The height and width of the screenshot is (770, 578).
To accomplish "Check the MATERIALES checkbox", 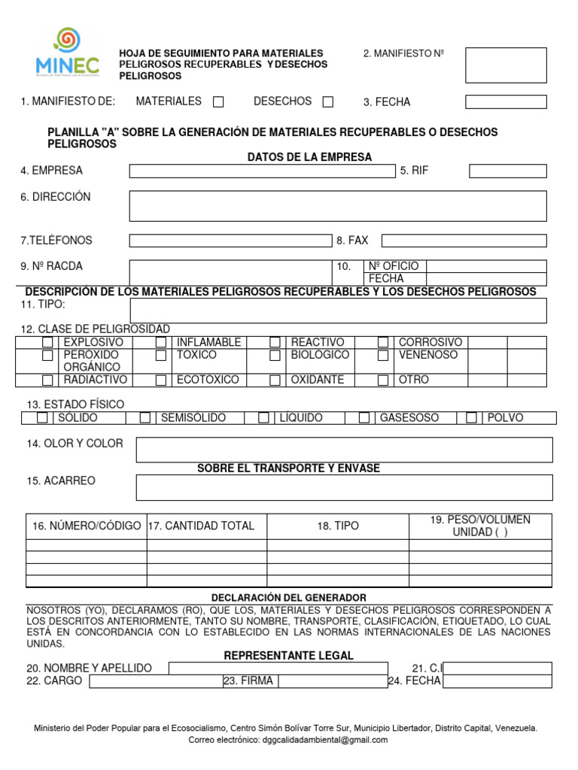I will pos(218,102).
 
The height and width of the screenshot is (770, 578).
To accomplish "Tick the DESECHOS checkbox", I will pos(327,102).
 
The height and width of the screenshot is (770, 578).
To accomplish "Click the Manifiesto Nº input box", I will pos(506,65).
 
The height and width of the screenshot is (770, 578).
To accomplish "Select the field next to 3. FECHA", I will pos(506,102).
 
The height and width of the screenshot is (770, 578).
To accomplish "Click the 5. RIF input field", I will pos(507,171).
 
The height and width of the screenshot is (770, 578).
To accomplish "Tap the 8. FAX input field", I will pos(464,241).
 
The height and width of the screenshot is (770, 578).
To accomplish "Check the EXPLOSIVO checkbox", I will pos(48,343).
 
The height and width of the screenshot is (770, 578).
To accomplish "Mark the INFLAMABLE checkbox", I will pos(160,343).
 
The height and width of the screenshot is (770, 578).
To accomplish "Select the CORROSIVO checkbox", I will pos(383,343).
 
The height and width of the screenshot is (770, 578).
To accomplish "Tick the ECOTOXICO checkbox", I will pos(160,380).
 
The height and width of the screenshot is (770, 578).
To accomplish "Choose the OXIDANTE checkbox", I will pos(275,380).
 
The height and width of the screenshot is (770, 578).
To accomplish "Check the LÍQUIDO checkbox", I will pos(263,418).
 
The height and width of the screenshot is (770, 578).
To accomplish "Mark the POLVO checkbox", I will pos(471,418).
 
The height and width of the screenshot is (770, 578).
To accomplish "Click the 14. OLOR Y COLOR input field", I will pos(344,450).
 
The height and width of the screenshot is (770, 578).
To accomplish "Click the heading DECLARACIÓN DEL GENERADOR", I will pos(289,598).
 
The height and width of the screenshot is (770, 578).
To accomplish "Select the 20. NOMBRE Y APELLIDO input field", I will pos(278,668).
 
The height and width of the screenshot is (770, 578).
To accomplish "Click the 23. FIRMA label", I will pos(248,681).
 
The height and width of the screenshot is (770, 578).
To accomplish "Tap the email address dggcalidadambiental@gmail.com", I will pos(325,740).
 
